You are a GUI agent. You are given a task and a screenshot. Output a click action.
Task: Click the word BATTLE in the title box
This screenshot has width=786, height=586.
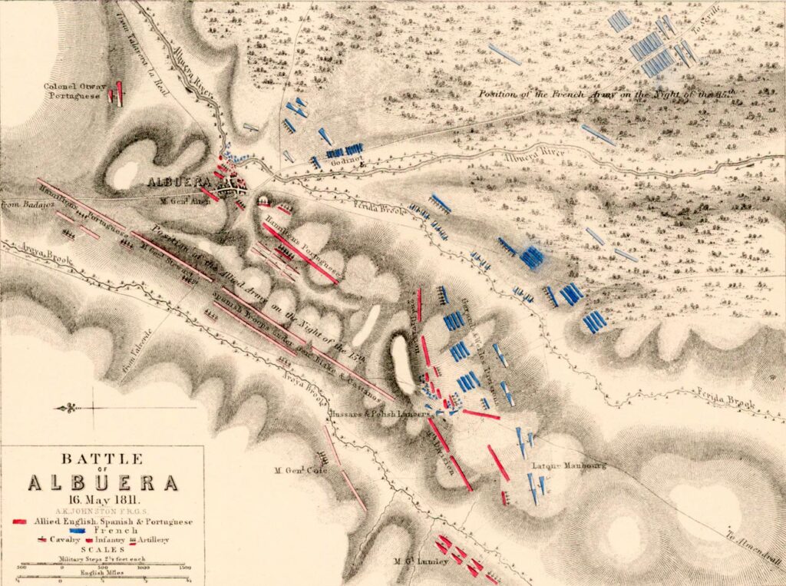click(101, 459)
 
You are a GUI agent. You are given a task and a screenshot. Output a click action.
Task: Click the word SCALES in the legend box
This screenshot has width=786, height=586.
click(102, 548)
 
